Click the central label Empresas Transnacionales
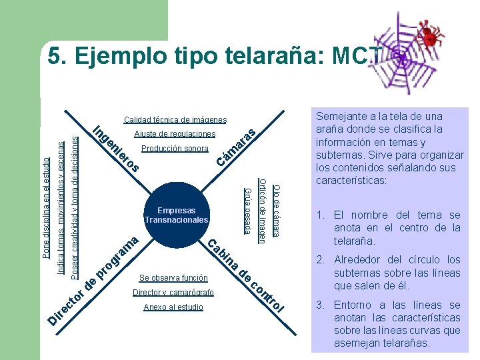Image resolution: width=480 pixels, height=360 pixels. [177, 215]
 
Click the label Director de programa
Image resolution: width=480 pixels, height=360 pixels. [93, 280]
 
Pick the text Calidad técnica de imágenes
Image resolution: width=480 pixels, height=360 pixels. [175, 120]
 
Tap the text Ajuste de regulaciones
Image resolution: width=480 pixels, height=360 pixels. [175, 134]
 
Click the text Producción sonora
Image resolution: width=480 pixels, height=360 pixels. [175, 148]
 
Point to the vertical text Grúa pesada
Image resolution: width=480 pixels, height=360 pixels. [247, 211]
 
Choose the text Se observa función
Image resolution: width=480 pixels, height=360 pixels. [173, 277]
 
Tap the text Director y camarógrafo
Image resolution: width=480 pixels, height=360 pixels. [173, 293]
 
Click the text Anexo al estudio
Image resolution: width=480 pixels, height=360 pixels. [173, 307]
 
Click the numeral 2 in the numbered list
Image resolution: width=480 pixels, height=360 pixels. [319, 260]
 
